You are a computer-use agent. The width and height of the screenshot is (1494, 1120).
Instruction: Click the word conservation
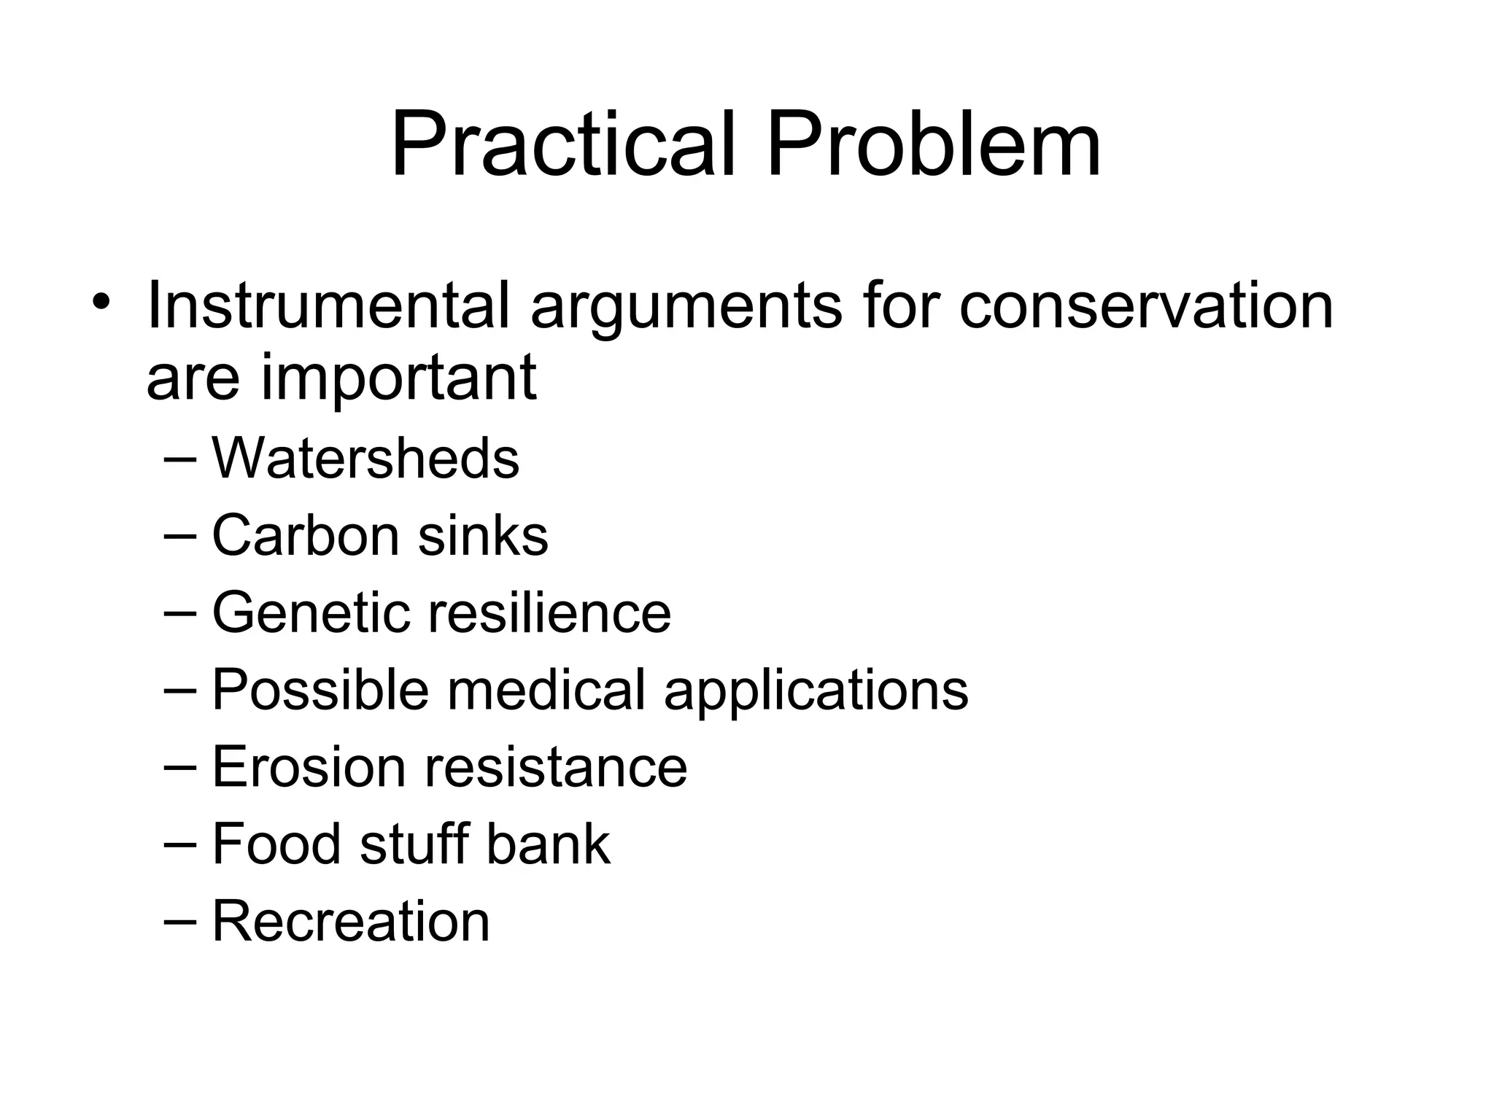[x=1146, y=306]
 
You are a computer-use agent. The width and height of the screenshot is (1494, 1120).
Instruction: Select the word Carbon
[x=306, y=535]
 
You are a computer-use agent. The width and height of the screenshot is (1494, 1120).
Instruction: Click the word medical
[x=546, y=689]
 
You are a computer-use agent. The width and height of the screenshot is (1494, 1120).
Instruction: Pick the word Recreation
[x=351, y=921]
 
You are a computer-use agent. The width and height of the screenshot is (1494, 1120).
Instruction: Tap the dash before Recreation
[x=180, y=921]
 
